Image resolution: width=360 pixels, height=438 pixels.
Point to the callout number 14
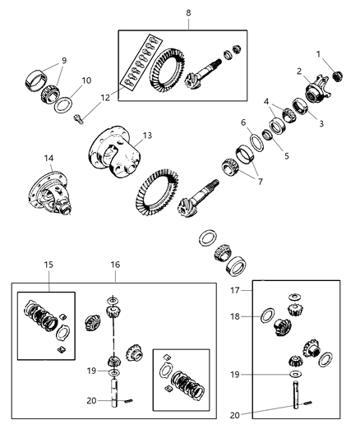coord(48,157)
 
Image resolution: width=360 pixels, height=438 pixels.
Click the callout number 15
coord(48,265)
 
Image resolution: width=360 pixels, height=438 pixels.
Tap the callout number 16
coord(115,265)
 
